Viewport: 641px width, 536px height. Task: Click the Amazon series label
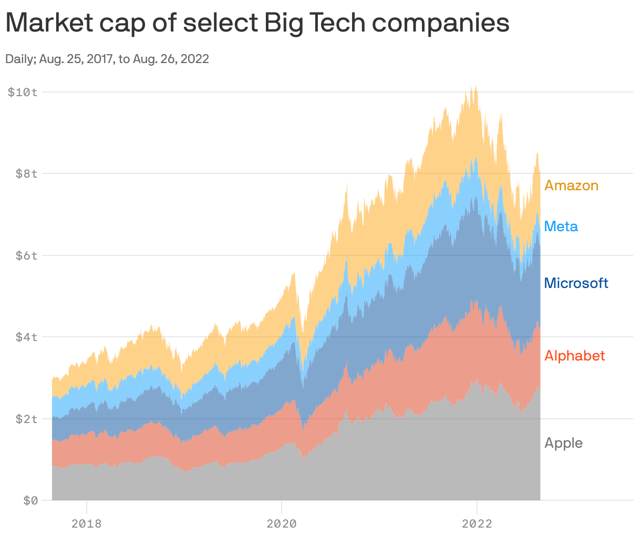[x=571, y=185]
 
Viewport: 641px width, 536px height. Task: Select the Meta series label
[x=561, y=226]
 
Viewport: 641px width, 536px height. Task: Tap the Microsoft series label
[x=576, y=283]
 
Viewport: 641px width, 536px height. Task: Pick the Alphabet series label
[x=574, y=356]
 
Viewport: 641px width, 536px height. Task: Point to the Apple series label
[x=563, y=443]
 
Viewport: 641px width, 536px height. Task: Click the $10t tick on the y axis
[x=23, y=92]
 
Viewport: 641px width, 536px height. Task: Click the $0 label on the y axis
[x=30, y=501]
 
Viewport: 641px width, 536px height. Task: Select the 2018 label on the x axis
[x=86, y=523]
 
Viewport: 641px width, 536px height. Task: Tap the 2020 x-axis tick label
[x=282, y=523]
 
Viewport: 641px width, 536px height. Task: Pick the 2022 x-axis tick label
[x=477, y=523]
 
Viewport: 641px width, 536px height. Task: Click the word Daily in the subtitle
[x=19, y=59]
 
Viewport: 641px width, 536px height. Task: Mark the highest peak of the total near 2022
[x=475, y=87]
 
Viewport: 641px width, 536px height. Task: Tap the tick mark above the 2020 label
[x=282, y=503]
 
